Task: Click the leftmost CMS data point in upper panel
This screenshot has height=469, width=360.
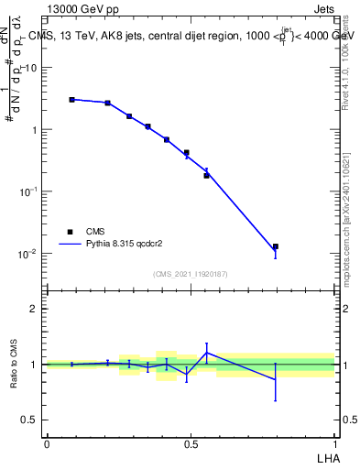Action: coord(71,99)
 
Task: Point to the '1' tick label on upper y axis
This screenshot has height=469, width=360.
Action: coord(34,130)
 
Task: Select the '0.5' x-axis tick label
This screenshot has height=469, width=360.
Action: coord(191,443)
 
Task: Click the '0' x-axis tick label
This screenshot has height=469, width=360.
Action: coord(46,443)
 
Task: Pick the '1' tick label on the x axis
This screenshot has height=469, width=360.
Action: coord(335,443)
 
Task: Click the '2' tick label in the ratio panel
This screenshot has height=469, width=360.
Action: coord(34,309)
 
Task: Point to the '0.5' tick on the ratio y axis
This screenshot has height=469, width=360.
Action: coord(29,420)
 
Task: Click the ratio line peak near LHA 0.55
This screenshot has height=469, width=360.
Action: coord(207,352)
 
